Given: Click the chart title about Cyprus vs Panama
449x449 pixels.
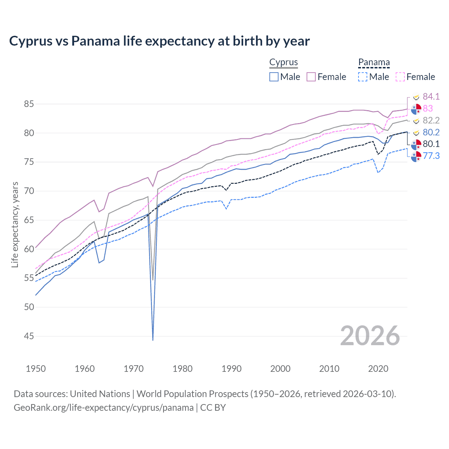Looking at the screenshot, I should pos(159,41).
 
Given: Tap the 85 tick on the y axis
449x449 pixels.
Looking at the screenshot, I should pos(29,104).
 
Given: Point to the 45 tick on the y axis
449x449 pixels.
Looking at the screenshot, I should pos(29,336).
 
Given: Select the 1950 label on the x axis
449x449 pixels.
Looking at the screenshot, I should pos(36,369).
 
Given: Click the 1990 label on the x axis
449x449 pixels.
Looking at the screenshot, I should pos(232,369).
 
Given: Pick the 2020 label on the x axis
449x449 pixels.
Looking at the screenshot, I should pos(378,369).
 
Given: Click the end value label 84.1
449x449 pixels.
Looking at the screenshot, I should pos(431,96).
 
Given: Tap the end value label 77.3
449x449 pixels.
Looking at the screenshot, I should pos(431,156).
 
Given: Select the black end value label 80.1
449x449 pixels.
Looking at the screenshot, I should pos(431,144).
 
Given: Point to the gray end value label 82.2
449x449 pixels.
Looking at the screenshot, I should pos(431,120).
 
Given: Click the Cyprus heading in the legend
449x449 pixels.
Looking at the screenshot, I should pos(283,62).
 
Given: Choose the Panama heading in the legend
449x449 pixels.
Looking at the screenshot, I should pos(374,62).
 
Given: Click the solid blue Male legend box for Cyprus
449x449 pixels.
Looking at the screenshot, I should pos(274,77).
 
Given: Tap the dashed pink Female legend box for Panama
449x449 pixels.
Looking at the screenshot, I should pos(400,77).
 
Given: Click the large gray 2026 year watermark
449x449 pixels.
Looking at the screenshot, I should pos(370,336).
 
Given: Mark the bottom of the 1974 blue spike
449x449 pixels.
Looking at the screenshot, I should pos(153,340).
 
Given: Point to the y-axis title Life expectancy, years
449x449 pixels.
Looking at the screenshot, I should pos(15,224).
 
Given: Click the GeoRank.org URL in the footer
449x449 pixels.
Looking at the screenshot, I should pos(103,408).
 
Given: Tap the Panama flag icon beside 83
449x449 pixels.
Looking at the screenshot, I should pos(416,109).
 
